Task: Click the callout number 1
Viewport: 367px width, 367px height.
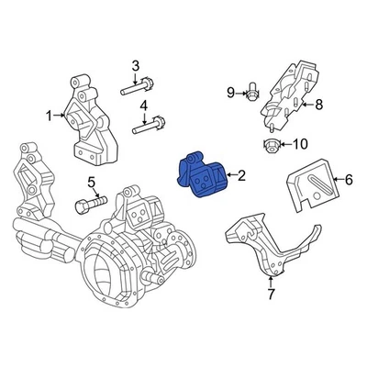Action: [49, 116]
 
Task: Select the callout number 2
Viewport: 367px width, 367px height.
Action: [242, 174]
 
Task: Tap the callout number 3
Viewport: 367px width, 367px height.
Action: [135, 65]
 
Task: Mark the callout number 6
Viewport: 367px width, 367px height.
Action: [348, 183]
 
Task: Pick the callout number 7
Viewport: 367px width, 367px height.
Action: [271, 294]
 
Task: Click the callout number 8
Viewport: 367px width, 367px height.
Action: [318, 105]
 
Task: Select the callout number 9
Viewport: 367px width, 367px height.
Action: [232, 91]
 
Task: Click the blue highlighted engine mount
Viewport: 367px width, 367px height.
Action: [203, 175]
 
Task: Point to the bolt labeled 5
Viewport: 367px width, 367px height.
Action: [92, 202]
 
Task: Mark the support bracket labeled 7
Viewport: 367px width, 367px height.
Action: [266, 243]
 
